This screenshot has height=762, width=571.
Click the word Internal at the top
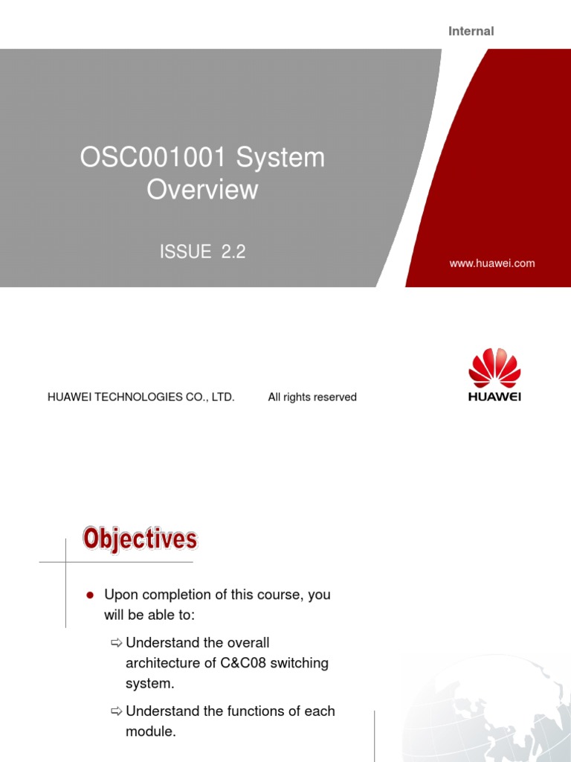471,31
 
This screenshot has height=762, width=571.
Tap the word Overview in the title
202,190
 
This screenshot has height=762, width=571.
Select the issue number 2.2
232,252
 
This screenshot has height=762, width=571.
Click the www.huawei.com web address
492,263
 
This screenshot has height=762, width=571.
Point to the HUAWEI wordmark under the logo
494,397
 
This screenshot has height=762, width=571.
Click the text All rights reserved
312,397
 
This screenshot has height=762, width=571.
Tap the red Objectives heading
140,538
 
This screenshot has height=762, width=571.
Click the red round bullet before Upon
89,595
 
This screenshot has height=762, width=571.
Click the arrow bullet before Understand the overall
115,643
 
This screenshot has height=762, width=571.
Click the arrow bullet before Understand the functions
115,711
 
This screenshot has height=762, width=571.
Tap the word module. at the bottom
151,731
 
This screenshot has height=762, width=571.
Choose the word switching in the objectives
299,663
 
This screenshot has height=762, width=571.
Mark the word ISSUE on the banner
186,252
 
